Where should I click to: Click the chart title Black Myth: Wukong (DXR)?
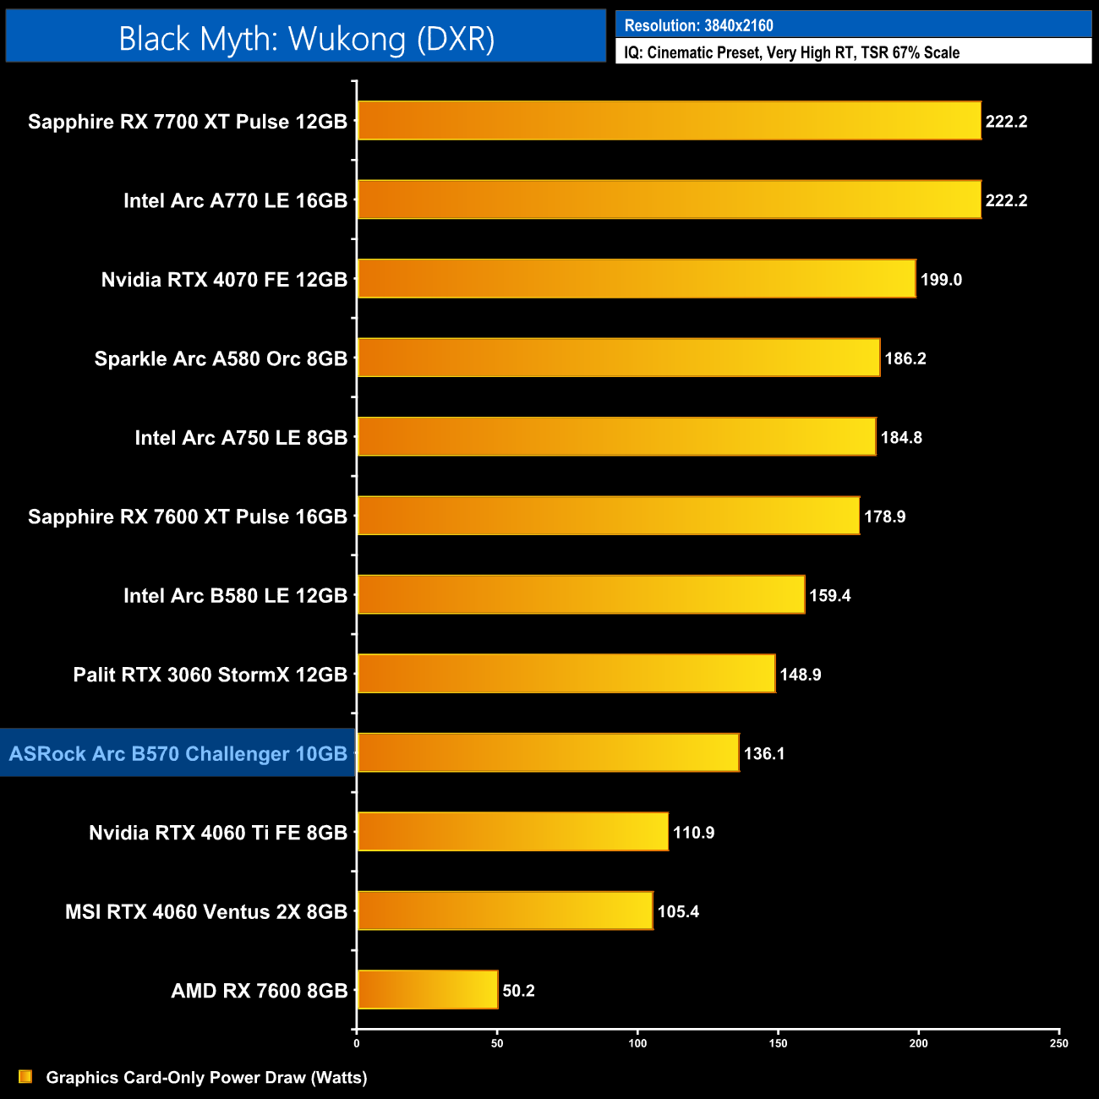[306, 39]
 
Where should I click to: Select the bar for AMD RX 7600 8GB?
[428, 990]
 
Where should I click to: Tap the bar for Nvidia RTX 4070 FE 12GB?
[637, 279]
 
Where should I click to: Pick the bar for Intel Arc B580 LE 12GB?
[581, 595]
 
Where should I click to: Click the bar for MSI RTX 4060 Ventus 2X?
[505, 910]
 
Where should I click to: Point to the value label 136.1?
[764, 753]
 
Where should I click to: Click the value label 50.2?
[518, 991]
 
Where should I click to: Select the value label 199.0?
[941, 280]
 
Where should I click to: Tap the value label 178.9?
[884, 517]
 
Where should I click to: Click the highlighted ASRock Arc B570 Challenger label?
[178, 753]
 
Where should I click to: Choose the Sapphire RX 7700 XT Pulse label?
[188, 122]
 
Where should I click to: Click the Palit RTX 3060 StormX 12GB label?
[211, 675]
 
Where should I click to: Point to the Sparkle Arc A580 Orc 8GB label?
[221, 358]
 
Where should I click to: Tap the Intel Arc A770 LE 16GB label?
[235, 200]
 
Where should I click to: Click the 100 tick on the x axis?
[637, 1043]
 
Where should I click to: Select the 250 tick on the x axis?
[1058, 1043]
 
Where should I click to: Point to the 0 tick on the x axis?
[357, 1043]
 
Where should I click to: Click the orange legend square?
[25, 1076]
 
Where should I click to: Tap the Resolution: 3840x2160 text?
[699, 25]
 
